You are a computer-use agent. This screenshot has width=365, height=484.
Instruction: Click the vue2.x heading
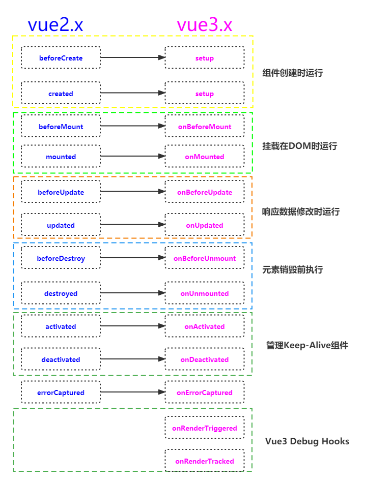coord(55,24)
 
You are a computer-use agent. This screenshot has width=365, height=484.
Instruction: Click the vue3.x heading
coord(204,24)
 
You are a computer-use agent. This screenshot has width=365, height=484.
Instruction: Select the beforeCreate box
coord(61,58)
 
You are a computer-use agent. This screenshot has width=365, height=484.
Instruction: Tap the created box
coord(61,94)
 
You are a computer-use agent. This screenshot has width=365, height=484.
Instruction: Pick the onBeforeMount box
coord(205,127)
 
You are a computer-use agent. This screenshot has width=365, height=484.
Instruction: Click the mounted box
coord(61,157)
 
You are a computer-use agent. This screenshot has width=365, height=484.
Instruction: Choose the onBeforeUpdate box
coord(205,192)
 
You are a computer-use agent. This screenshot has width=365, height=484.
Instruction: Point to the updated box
coord(61,225)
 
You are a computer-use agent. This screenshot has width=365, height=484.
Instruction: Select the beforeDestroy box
coord(61,258)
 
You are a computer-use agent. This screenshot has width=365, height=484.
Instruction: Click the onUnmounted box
coord(205,293)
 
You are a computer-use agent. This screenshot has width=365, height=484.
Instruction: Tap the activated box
coord(61,326)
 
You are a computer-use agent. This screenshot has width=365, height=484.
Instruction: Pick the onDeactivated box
coord(205,359)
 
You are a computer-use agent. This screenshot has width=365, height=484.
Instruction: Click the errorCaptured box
coord(61,392)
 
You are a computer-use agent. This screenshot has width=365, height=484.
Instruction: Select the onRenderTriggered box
coord(205,428)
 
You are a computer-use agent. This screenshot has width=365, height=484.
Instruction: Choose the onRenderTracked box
coord(205,461)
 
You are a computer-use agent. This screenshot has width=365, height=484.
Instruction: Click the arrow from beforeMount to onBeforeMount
coord(133,126)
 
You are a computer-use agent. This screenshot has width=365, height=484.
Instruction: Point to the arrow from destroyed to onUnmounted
coord(133,293)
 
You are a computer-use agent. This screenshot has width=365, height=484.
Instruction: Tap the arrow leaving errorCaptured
coord(133,392)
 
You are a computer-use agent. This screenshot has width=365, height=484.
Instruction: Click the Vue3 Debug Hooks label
coord(307,441)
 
